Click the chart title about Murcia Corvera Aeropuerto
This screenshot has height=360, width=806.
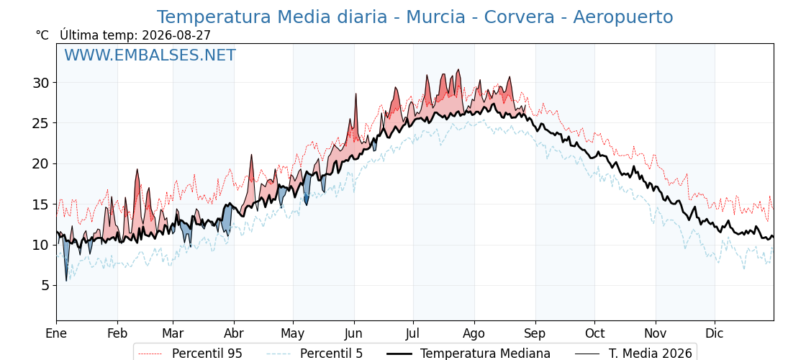click(x=415, y=17)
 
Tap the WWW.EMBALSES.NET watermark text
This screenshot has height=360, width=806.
click(x=150, y=55)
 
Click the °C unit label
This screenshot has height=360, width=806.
click(x=42, y=35)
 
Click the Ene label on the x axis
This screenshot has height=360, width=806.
click(x=56, y=333)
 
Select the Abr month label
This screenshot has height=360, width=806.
click(x=234, y=333)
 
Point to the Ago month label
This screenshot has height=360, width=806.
click(x=474, y=333)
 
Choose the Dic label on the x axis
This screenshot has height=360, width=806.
click(x=715, y=333)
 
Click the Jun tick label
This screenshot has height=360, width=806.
click(x=354, y=333)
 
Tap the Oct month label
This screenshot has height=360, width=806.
click(x=594, y=333)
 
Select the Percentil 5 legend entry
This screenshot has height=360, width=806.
click(x=314, y=354)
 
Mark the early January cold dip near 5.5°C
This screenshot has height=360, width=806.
click(x=66, y=280)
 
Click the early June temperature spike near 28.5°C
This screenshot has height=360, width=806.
click(x=356, y=94)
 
